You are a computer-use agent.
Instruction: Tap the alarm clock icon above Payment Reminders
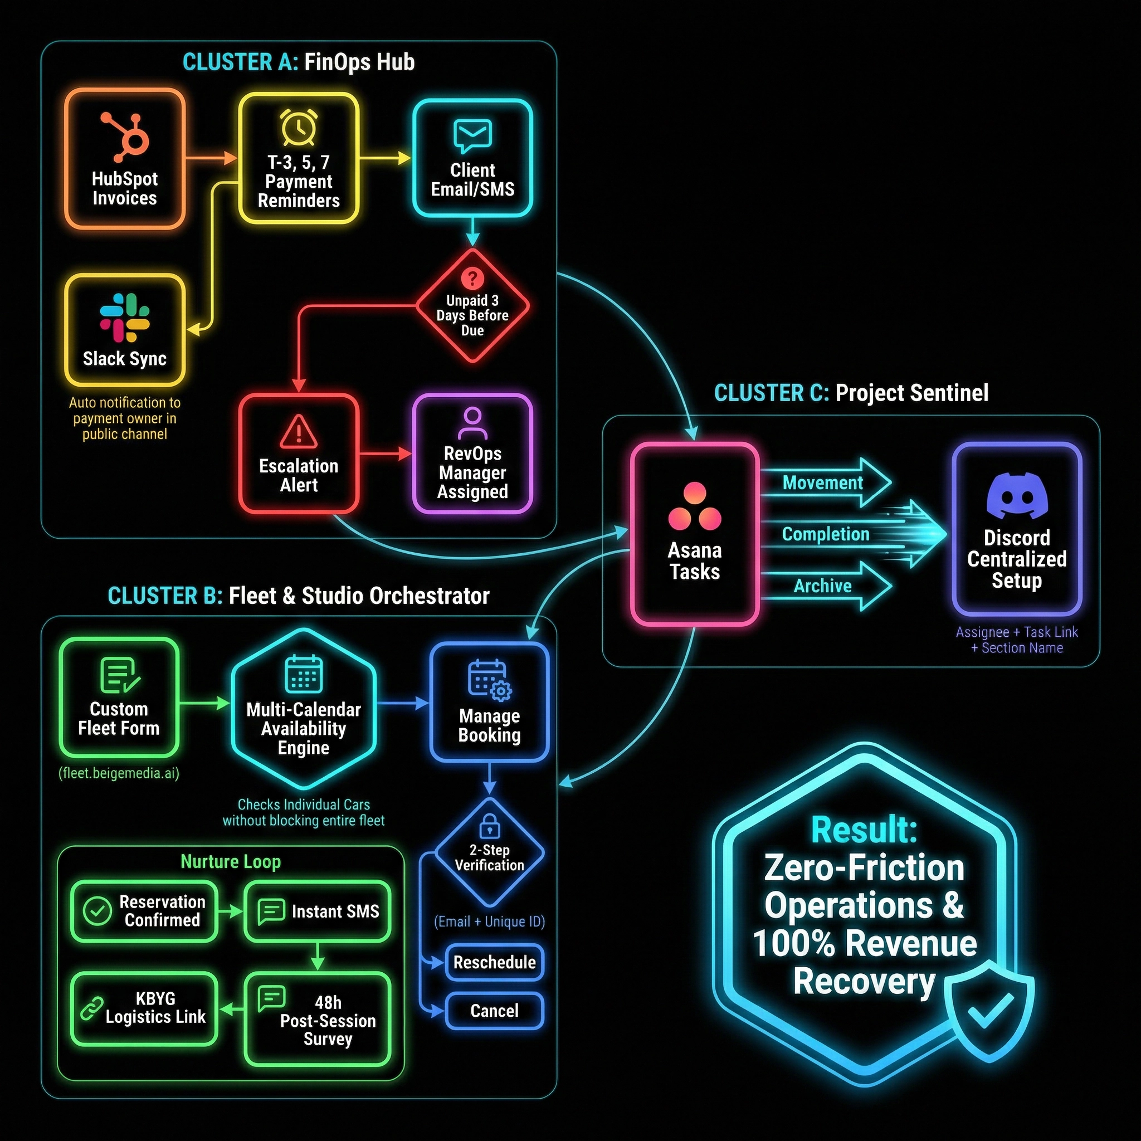tap(298, 126)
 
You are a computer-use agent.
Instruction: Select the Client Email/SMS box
tap(472, 158)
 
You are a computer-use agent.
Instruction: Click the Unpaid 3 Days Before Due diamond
tap(472, 306)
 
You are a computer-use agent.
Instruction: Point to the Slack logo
tap(125, 318)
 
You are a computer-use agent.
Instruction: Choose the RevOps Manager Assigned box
tap(472, 454)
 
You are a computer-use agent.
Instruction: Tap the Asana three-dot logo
tap(695, 507)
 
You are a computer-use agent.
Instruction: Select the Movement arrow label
tap(823, 483)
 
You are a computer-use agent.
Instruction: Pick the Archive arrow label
tap(823, 586)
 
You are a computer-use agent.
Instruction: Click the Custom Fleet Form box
tap(119, 697)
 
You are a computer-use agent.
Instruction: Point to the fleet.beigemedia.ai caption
tap(119, 773)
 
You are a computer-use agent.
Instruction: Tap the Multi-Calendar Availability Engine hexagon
tap(304, 709)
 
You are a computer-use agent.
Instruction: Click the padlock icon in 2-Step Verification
tap(490, 825)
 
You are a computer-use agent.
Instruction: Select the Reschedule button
tap(494, 962)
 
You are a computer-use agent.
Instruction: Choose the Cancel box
tap(494, 1011)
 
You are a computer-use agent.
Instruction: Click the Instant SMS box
tap(318, 911)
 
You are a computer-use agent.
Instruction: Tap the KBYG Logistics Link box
tap(145, 1008)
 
